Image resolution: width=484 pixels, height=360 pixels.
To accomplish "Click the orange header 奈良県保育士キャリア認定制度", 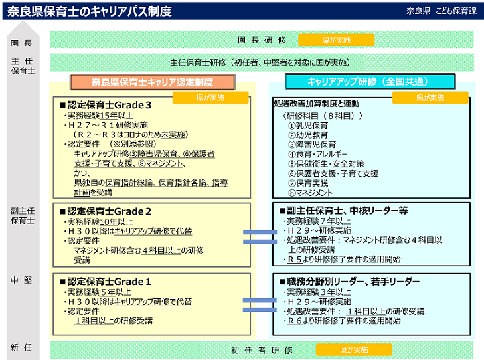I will (x=153, y=82).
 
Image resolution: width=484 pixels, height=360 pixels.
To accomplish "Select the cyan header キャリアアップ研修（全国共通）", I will (x=370, y=82).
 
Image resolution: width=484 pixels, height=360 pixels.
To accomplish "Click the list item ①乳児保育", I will (x=307, y=125).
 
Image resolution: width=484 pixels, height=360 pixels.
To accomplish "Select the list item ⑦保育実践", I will (x=307, y=183).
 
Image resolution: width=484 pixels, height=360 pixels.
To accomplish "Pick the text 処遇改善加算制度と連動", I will (x=316, y=104).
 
